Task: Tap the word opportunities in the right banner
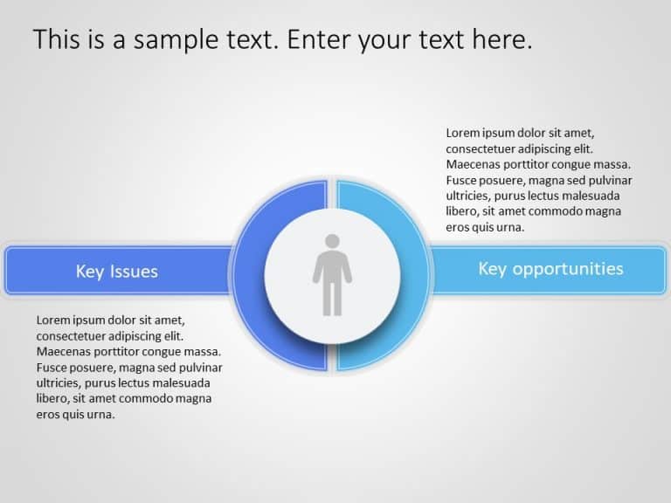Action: click(x=568, y=269)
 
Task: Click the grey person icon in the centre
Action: click(x=332, y=274)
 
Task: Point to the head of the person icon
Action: click(x=332, y=241)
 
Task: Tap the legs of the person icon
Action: click(x=332, y=299)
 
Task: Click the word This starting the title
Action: click(x=54, y=40)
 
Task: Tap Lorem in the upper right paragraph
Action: click(x=464, y=134)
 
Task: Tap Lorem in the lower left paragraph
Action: click(x=54, y=320)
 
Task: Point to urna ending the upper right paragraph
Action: click(x=511, y=228)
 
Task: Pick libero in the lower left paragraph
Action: click(x=52, y=398)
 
